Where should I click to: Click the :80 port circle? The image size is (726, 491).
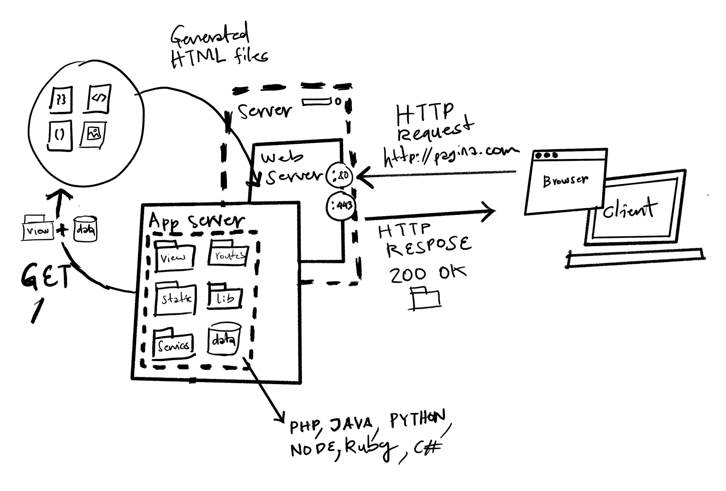[x=340, y=175]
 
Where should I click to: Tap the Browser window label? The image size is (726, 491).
[x=565, y=180]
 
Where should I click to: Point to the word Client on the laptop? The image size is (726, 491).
[x=630, y=209]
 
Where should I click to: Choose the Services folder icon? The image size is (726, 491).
[x=173, y=344]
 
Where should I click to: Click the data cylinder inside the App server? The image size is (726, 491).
[x=224, y=339]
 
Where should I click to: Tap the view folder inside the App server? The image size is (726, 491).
[x=174, y=256]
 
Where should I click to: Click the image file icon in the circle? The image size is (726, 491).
[x=93, y=134]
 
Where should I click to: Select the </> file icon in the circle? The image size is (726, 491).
[x=99, y=98]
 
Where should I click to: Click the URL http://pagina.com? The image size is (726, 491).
[x=450, y=155]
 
